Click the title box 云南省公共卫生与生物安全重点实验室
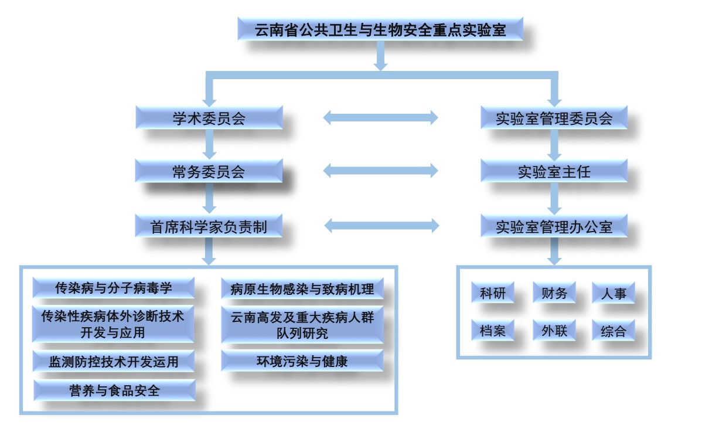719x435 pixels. [380, 29]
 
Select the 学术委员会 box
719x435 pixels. [209, 118]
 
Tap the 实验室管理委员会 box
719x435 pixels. [554, 118]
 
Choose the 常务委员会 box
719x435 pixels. [209, 171]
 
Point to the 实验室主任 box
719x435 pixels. [554, 171]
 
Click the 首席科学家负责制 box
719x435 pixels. [209, 226]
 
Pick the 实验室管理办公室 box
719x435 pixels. [554, 226]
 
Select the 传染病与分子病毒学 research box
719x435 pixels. [114, 288]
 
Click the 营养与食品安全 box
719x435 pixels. [114, 390]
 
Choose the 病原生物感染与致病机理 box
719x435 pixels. [302, 288]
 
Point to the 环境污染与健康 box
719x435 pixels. [302, 361]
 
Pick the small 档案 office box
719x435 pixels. [493, 331]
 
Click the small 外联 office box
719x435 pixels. [554, 331]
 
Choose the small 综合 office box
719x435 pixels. [613, 331]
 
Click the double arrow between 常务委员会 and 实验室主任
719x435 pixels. [381, 171]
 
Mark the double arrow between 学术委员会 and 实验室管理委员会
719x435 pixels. [381, 117]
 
